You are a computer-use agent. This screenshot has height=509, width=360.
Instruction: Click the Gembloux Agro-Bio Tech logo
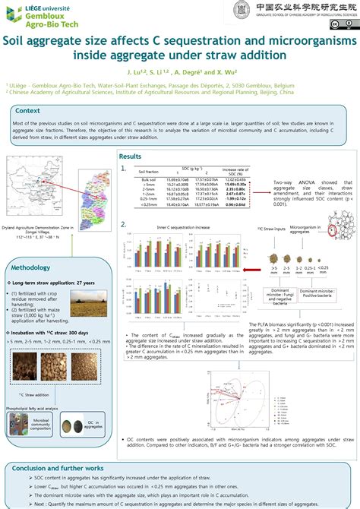pos(39,14)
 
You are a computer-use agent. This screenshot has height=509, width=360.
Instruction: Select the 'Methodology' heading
pos(31,267)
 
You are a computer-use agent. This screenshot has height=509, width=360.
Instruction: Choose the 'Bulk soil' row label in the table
pos(149,179)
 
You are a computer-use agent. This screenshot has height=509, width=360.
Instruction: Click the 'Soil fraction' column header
pos(149,171)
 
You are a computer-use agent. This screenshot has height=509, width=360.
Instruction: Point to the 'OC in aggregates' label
pos(93,423)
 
